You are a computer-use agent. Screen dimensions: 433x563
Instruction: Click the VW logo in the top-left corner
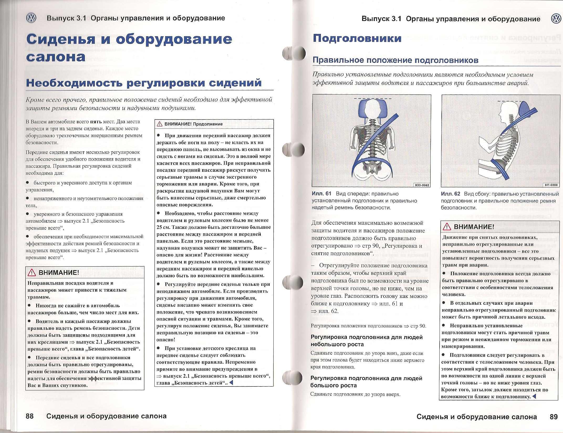click(x=31, y=18)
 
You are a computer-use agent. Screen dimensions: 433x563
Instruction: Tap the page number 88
click(x=30, y=416)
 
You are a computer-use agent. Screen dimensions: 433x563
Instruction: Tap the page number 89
click(x=554, y=417)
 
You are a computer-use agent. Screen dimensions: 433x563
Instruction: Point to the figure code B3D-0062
click(x=422, y=185)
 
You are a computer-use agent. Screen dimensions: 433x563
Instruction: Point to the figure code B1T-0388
click(x=551, y=185)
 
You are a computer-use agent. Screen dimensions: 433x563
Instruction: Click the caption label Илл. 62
click(x=450, y=194)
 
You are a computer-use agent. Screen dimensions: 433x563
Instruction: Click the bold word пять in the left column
click(x=95, y=122)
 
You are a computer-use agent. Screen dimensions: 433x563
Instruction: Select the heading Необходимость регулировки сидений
click(x=144, y=83)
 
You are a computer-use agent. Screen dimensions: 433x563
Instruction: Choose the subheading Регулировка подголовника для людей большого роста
click(x=366, y=382)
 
